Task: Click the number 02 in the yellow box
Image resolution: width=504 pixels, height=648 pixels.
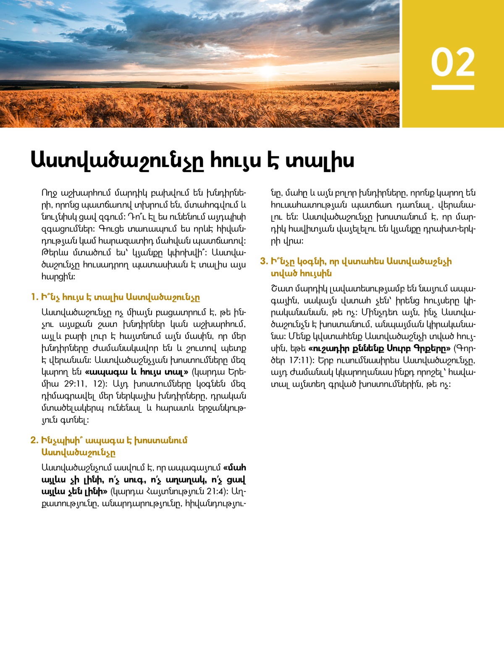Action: (453, 62)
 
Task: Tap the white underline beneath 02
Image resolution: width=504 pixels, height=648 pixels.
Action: (453, 87)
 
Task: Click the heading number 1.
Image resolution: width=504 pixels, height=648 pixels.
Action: (34, 297)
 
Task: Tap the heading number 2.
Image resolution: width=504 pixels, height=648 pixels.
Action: (34, 440)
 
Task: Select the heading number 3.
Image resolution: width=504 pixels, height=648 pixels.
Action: (264, 261)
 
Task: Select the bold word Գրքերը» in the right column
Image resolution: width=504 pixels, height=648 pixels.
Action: (432, 349)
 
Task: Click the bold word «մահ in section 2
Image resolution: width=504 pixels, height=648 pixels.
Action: (235, 467)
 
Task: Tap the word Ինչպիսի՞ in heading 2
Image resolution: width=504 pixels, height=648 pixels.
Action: (62, 440)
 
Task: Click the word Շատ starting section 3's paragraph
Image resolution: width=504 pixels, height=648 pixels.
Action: (279, 289)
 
